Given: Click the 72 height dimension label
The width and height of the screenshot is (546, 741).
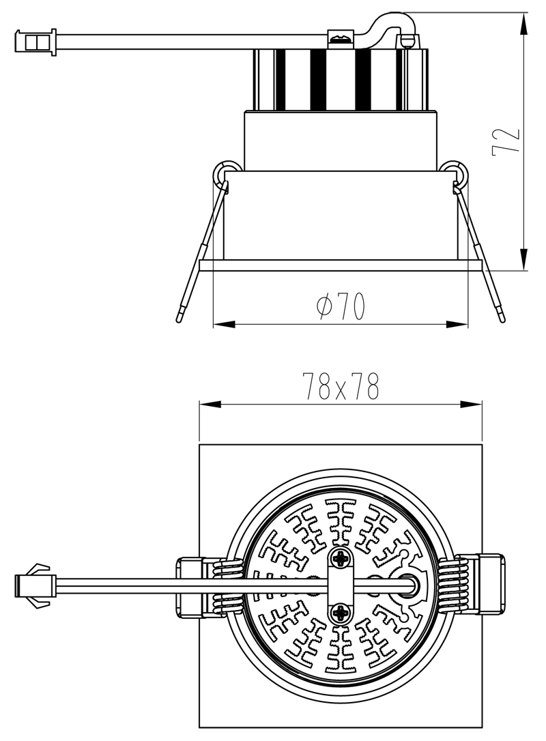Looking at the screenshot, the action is [x=506, y=141].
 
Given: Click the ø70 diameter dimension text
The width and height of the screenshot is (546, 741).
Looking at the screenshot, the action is [x=341, y=305].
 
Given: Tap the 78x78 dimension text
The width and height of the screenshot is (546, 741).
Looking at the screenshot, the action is [x=341, y=387].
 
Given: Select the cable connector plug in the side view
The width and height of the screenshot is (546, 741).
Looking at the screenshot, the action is [x=36, y=42].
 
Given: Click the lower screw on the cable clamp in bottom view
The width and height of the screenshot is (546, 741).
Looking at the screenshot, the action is [x=341, y=613].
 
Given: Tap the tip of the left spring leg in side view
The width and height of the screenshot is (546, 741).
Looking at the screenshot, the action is [x=179, y=321].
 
